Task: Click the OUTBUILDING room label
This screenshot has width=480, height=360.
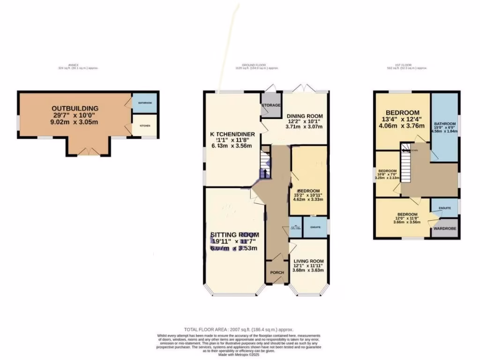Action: point(75,108)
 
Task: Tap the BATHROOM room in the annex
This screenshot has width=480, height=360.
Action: point(144,103)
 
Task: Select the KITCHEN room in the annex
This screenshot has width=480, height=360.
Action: point(144,126)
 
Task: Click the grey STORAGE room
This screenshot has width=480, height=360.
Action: point(271,105)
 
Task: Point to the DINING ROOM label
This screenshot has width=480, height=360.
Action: point(305,116)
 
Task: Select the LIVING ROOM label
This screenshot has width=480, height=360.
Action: point(308,261)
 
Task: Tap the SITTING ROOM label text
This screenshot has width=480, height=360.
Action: point(234,235)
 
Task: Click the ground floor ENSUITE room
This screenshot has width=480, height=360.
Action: point(315,227)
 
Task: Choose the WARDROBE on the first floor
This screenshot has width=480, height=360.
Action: point(445,229)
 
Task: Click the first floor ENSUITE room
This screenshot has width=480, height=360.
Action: point(445,208)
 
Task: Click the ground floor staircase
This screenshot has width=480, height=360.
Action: point(266,162)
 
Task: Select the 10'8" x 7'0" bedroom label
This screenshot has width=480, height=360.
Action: point(388,174)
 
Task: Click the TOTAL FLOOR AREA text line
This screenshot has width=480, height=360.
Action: point(240,330)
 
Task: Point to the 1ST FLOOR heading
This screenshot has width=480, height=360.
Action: point(405,65)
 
